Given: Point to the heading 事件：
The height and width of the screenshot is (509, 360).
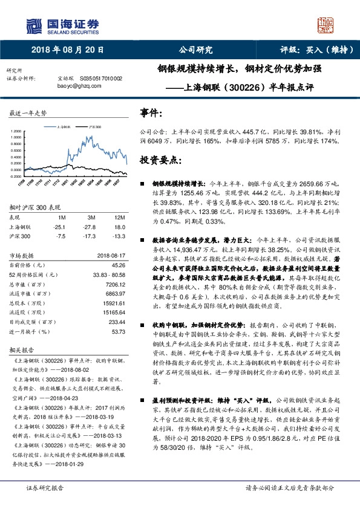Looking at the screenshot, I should click(151, 113).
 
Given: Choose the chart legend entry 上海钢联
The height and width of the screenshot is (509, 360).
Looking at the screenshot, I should click(65, 128).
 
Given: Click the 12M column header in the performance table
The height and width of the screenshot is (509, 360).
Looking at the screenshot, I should click(119, 216).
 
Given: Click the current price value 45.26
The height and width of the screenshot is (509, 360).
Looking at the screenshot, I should click(118, 265).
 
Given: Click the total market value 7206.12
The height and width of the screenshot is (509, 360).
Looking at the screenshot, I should click(115, 284).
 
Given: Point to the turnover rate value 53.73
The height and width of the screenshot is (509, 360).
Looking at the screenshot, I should click(118, 332).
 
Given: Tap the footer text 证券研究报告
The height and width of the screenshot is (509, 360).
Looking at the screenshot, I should click(44, 487).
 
